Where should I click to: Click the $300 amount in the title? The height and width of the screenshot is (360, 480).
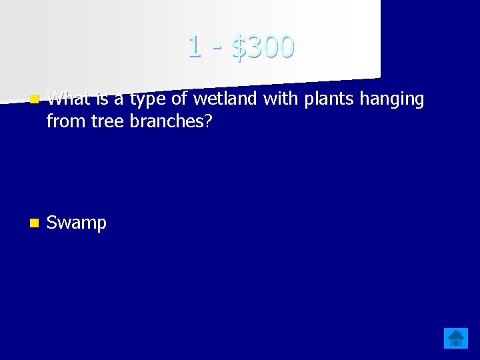(263, 47)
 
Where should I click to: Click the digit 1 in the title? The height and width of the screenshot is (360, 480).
(194, 47)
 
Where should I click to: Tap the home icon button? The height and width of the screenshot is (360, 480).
(456, 339)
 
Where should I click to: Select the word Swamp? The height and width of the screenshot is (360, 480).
(77, 223)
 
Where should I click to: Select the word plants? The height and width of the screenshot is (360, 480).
(325, 99)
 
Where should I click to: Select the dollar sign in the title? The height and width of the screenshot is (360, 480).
(239, 47)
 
